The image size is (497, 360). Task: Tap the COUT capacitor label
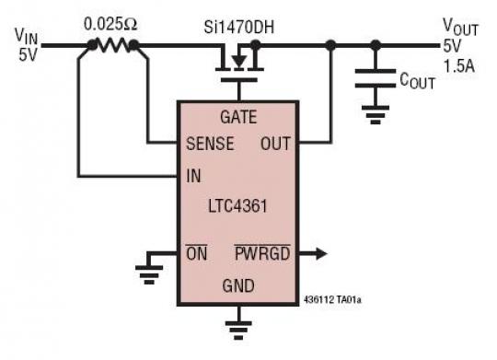coord(418,82)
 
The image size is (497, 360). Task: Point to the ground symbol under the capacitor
coord(375,115)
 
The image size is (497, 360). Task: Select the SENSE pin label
coord(209,145)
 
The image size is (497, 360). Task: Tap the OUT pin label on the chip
coord(277,145)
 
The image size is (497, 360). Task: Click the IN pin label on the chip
coord(193,175)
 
